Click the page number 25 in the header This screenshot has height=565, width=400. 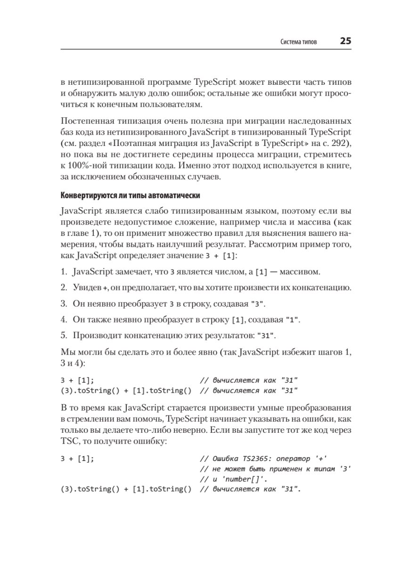(x=345, y=41)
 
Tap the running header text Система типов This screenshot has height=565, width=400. (x=298, y=42)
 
